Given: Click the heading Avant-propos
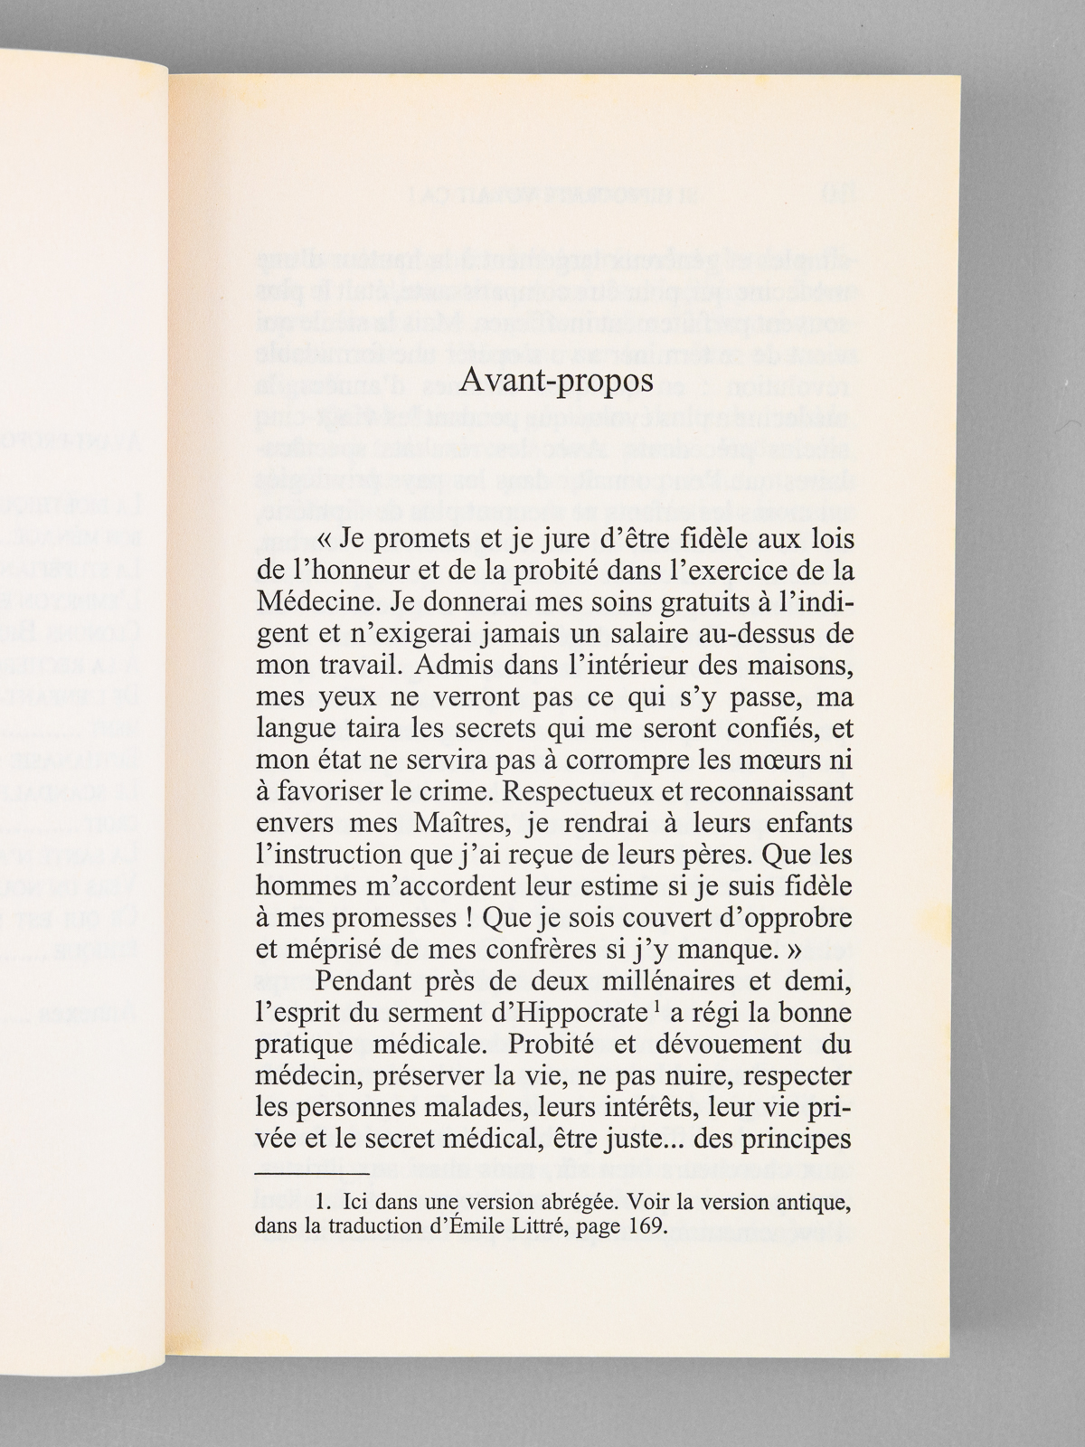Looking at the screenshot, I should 555,381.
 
